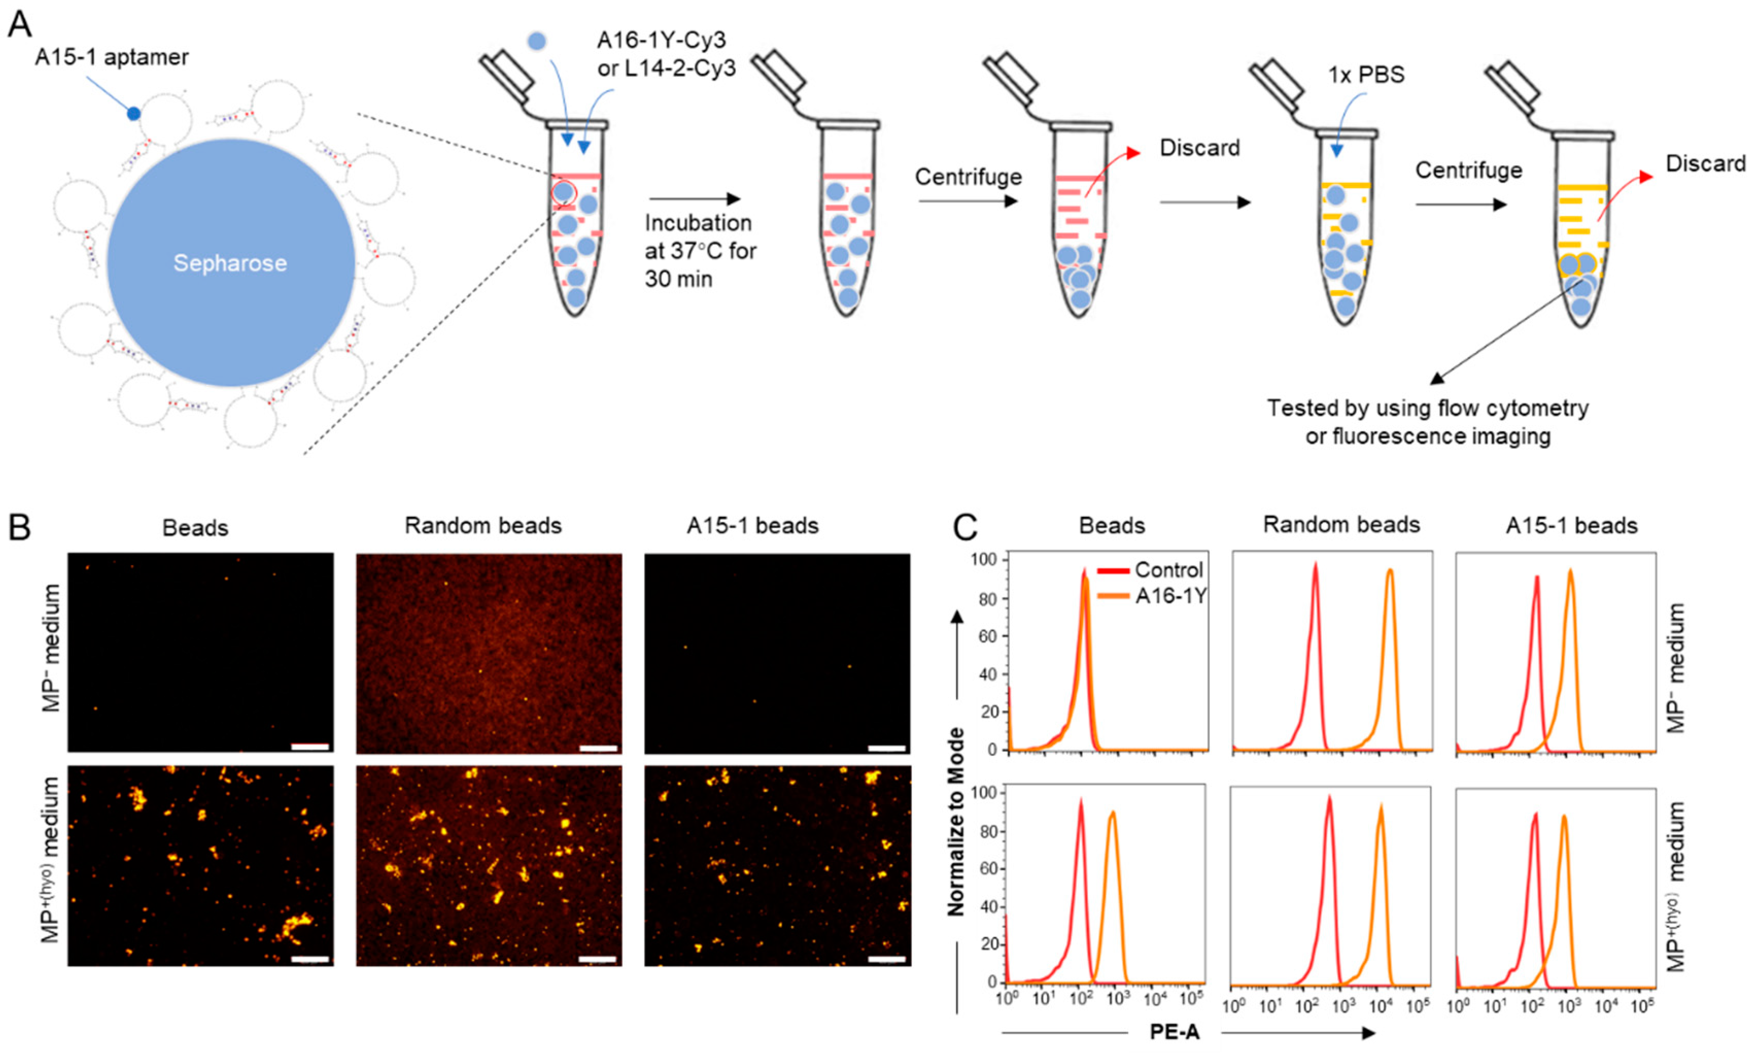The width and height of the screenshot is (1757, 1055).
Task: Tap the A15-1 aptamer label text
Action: pos(112,57)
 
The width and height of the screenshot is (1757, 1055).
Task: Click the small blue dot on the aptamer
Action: pos(133,113)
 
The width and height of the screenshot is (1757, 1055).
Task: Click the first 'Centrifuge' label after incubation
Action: pos(968,177)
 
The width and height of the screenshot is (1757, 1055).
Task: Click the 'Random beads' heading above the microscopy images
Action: pos(483,525)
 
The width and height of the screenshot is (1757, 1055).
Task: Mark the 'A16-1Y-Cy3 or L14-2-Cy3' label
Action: pos(666,54)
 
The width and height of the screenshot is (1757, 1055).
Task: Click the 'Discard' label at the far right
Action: pos(1705,164)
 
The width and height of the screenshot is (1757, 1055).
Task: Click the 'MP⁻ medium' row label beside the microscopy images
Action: pos(53,647)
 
